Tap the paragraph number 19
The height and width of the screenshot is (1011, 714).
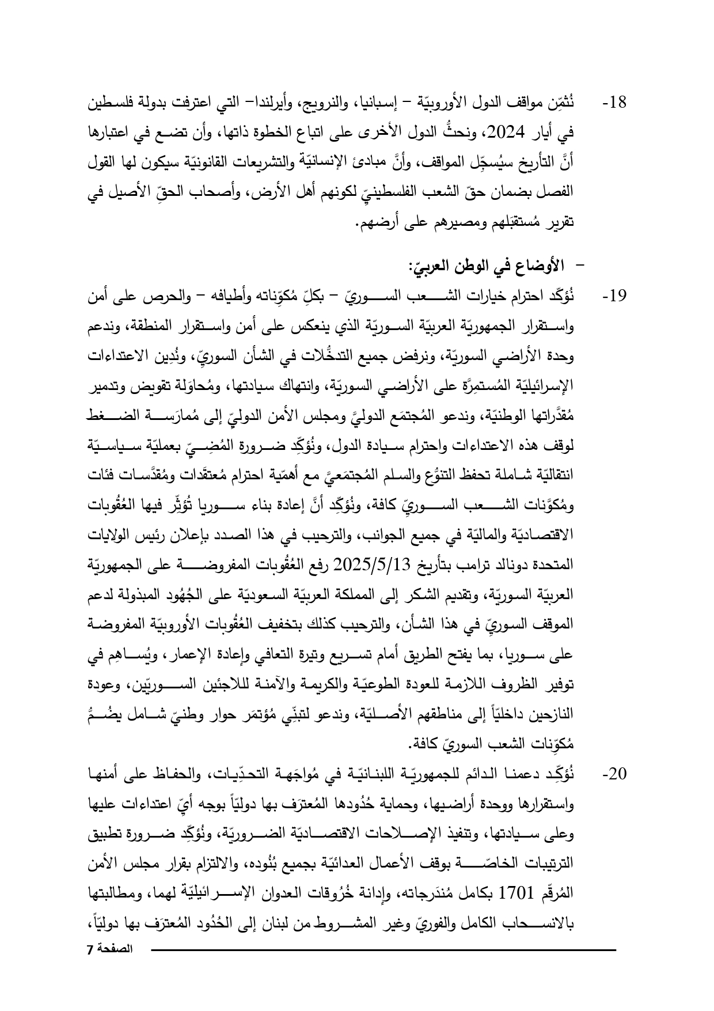tap(614, 297)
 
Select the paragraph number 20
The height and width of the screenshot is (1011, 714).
tap(614, 774)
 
